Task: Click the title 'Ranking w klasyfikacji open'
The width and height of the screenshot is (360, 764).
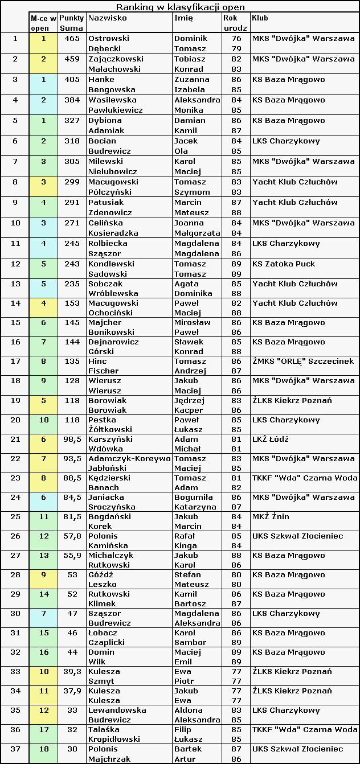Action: point(181,7)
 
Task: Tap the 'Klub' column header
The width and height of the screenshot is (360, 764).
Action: point(260,18)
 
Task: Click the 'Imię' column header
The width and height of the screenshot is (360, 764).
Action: point(183,18)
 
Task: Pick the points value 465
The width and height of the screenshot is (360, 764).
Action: point(72,39)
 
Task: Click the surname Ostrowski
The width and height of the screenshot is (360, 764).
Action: point(109,39)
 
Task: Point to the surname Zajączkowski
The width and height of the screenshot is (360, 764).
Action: point(116,59)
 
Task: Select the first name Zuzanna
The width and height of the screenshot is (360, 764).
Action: point(191,80)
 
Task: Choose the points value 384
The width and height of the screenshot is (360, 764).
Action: point(72,100)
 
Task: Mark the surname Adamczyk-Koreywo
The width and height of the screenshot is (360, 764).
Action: point(129,459)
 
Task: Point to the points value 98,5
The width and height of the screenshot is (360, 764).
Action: point(71,439)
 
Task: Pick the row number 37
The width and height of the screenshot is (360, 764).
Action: point(15,749)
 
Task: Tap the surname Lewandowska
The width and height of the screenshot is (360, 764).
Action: point(117,710)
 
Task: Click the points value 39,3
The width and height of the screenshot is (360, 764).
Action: point(71,672)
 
